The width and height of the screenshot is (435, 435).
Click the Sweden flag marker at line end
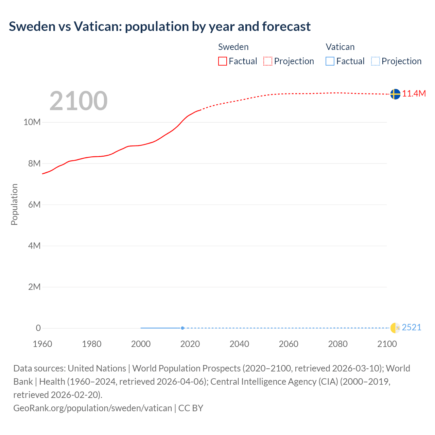(x=395, y=94)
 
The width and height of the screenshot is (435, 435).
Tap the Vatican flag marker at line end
(x=395, y=328)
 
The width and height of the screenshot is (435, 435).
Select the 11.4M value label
(x=414, y=94)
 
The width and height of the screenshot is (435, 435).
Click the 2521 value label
(x=412, y=327)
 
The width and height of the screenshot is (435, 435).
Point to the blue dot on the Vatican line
(x=182, y=328)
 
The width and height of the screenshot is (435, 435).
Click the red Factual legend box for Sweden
(x=222, y=61)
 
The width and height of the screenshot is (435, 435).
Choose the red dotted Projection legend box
(x=268, y=61)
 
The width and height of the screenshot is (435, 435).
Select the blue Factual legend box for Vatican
(x=330, y=61)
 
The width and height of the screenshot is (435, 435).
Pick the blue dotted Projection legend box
(x=375, y=61)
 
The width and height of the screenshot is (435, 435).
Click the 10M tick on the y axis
(x=32, y=122)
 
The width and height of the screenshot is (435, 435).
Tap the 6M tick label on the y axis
(x=34, y=205)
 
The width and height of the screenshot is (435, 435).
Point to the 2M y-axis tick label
(x=34, y=287)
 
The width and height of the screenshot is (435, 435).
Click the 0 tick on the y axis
(x=38, y=328)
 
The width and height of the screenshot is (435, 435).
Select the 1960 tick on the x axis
(x=42, y=344)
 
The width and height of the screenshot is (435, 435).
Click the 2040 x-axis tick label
(x=239, y=344)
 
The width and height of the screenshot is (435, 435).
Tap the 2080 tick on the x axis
(x=338, y=344)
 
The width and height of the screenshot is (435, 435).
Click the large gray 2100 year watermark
(x=79, y=101)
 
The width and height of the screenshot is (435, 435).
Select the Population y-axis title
(x=14, y=204)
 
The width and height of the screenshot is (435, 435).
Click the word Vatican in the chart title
(x=96, y=27)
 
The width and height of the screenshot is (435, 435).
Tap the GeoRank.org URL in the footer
(x=92, y=408)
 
